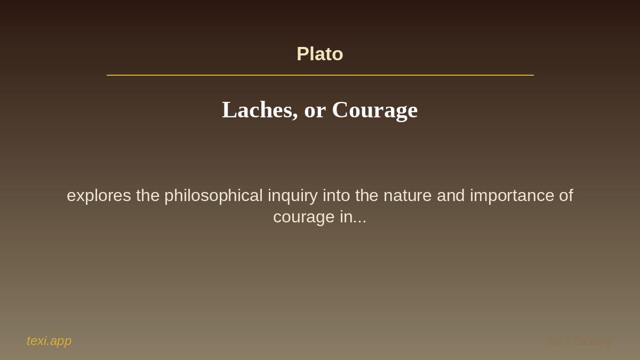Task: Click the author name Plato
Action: [x=319, y=54]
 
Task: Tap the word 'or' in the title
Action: [x=315, y=110]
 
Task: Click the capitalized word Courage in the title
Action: [x=374, y=110]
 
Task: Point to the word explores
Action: [x=99, y=196]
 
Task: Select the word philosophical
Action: [x=213, y=196]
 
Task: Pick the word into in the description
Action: [x=336, y=196]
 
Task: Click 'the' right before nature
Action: [x=367, y=196]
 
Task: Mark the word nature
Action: [x=407, y=196]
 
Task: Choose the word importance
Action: [x=512, y=196]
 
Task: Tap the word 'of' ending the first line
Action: [x=566, y=196]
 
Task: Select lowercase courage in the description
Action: [x=304, y=217]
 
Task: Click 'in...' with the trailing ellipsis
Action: [x=353, y=217]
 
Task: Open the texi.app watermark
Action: [x=49, y=341]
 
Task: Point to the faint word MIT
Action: [x=557, y=341]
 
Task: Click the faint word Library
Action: [x=593, y=341]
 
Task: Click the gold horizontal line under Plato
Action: [x=320, y=75]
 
